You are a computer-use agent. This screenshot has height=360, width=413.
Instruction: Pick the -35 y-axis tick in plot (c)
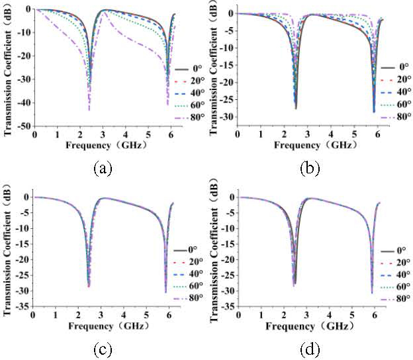coord(23,306)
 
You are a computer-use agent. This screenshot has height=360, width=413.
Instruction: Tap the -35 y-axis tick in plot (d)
coord(226,306)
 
